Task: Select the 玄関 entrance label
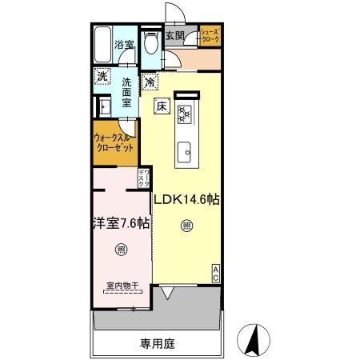[x=176, y=36]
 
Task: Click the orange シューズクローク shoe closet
[x=210, y=36]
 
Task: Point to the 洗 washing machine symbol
[x=102, y=76]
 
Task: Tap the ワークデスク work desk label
[x=144, y=177]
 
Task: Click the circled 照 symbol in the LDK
[x=186, y=226]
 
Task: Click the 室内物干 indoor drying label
[x=121, y=285]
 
